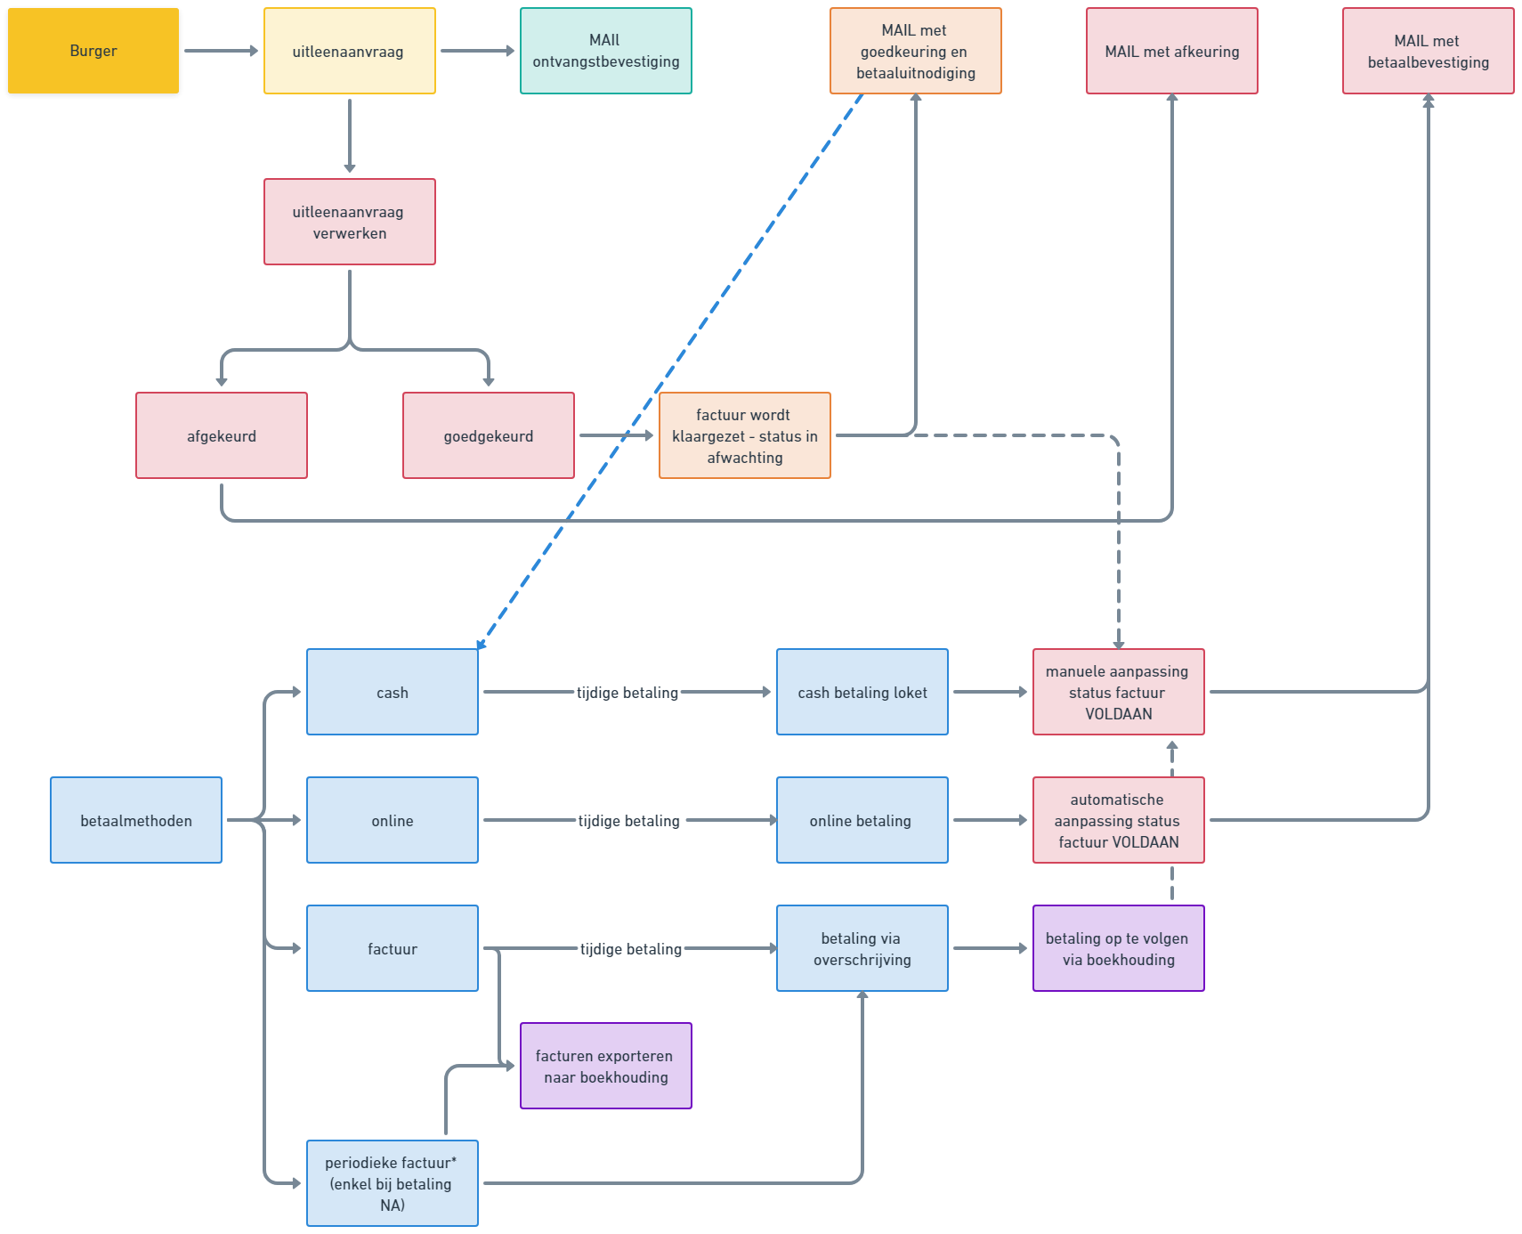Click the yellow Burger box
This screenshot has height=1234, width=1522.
93,52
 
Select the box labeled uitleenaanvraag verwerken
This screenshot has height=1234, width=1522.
349,222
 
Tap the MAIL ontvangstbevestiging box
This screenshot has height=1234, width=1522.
605,51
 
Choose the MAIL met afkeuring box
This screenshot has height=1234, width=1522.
1171,51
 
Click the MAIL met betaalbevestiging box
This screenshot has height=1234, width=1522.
1428,51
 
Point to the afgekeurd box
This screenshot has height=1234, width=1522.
221,435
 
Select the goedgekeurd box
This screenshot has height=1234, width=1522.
488,435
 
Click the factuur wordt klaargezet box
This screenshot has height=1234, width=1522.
744,435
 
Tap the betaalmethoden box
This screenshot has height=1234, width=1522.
135,820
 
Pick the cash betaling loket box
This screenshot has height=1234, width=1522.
862,692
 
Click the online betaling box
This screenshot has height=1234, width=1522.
862,820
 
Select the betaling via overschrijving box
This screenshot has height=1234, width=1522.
862,948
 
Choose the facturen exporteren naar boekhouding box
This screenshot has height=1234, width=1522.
605,1066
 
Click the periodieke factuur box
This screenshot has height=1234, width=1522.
392,1183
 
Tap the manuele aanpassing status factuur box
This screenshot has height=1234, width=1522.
1118,692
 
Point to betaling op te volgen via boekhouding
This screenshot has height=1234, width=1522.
1118,948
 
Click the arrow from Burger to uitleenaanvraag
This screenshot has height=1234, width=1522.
221,51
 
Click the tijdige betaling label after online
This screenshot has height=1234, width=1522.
628,821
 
